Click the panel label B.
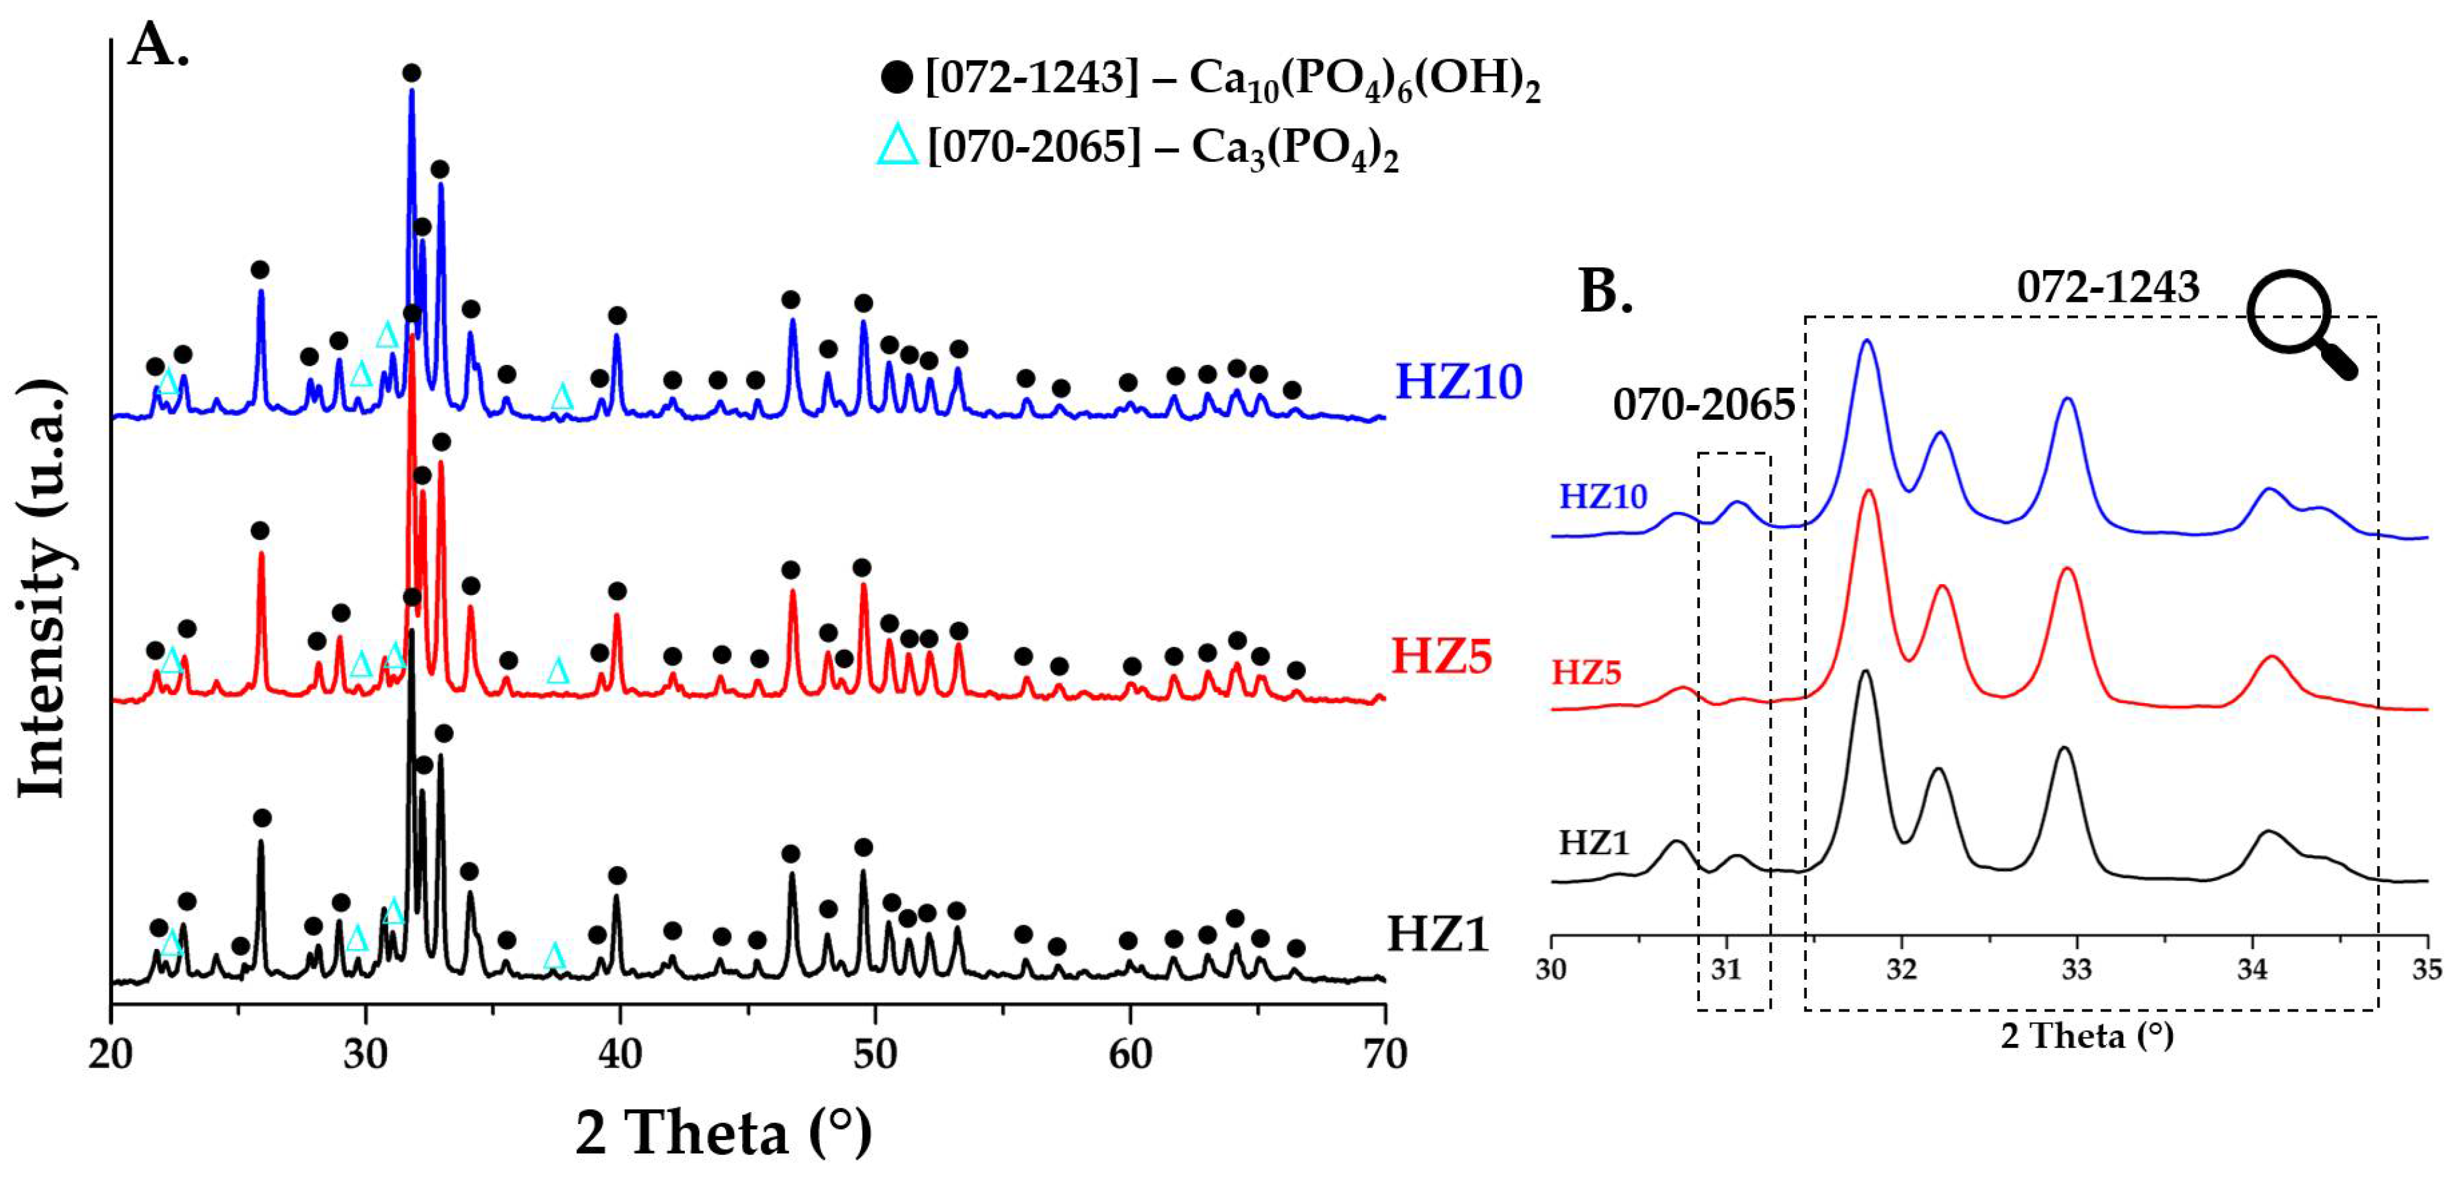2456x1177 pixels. tap(1606, 291)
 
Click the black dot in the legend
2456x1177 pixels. tap(896, 76)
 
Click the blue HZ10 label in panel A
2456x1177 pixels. tap(1459, 382)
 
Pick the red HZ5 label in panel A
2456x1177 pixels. tap(1441, 656)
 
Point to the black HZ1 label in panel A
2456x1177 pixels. tap(1438, 934)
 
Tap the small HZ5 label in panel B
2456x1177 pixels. tap(1587, 673)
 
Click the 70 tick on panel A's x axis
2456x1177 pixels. tap(1384, 1055)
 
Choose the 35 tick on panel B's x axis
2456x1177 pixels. tap(2427, 970)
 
